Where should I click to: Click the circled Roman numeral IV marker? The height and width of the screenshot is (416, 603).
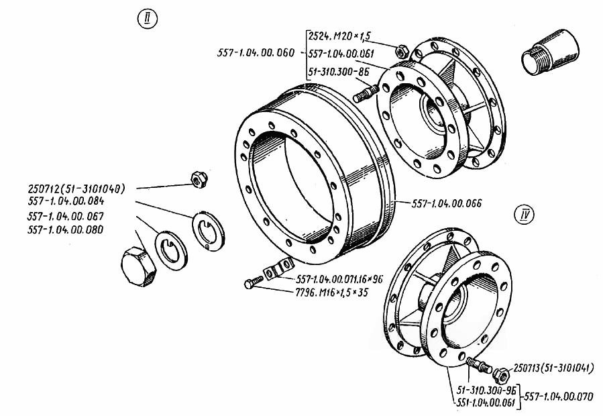tap(524, 215)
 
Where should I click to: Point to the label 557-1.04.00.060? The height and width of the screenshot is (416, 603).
tap(256, 52)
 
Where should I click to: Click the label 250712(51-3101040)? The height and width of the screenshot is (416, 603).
tap(78, 188)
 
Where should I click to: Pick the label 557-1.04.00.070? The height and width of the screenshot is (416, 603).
tap(559, 396)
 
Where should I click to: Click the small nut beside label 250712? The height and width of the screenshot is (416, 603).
tap(196, 178)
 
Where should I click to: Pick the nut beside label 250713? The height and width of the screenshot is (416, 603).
tap(500, 372)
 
